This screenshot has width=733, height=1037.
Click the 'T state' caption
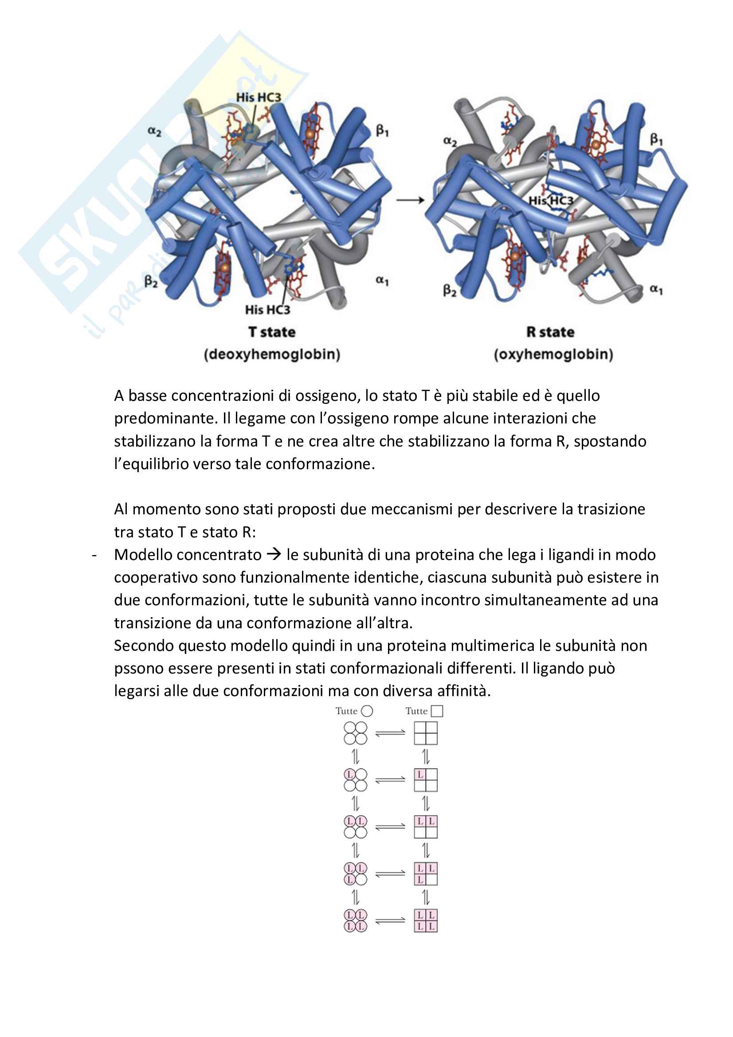point(272,332)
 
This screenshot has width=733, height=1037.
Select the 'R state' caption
point(550,332)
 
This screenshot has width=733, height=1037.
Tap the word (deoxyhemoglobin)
point(272,354)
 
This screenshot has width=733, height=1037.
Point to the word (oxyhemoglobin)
point(553,354)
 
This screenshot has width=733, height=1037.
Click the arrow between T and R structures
point(410,200)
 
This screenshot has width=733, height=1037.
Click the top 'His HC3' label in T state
point(259,97)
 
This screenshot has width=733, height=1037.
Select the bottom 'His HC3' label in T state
point(267,310)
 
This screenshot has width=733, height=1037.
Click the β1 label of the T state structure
point(382,131)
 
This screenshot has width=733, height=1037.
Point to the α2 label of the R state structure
point(450,141)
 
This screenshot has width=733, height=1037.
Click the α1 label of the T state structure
point(382,281)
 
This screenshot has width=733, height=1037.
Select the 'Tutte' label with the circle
point(353,711)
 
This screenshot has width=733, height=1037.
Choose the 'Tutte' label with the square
point(423,711)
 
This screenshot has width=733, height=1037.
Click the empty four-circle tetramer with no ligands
point(356,733)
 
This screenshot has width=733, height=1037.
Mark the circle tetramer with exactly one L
point(356,780)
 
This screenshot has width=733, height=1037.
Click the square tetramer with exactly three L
point(425,873)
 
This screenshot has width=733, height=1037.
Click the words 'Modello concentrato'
point(188,555)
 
